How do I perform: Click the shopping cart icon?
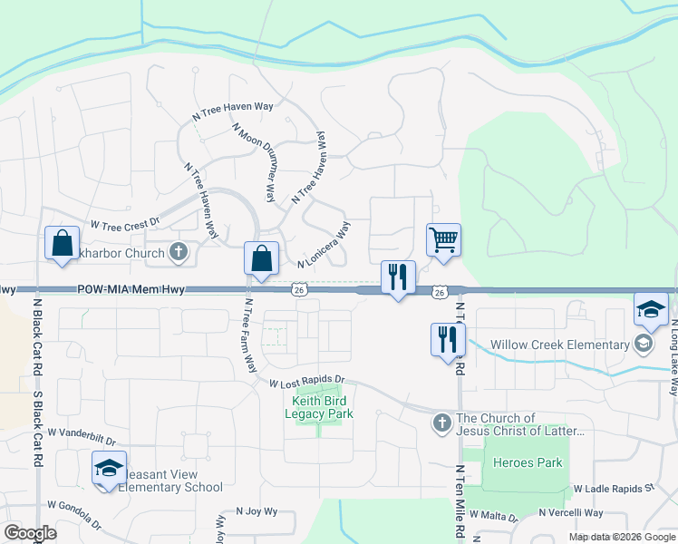pyautogui.click(x=443, y=241)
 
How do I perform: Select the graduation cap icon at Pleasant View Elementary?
pyautogui.click(x=109, y=469)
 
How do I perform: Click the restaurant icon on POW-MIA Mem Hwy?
pyautogui.click(x=397, y=278)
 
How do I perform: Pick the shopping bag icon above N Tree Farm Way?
pyautogui.click(x=261, y=259)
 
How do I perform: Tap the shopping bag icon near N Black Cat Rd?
pyautogui.click(x=62, y=244)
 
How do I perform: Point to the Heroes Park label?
pyautogui.click(x=528, y=462)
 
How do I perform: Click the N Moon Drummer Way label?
pyautogui.click(x=254, y=162)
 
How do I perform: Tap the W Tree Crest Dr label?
pyautogui.click(x=124, y=222)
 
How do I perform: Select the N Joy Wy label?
pyautogui.click(x=256, y=511)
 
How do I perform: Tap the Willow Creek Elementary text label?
pyautogui.click(x=559, y=345)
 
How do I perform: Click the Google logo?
pyautogui.click(x=30, y=533)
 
